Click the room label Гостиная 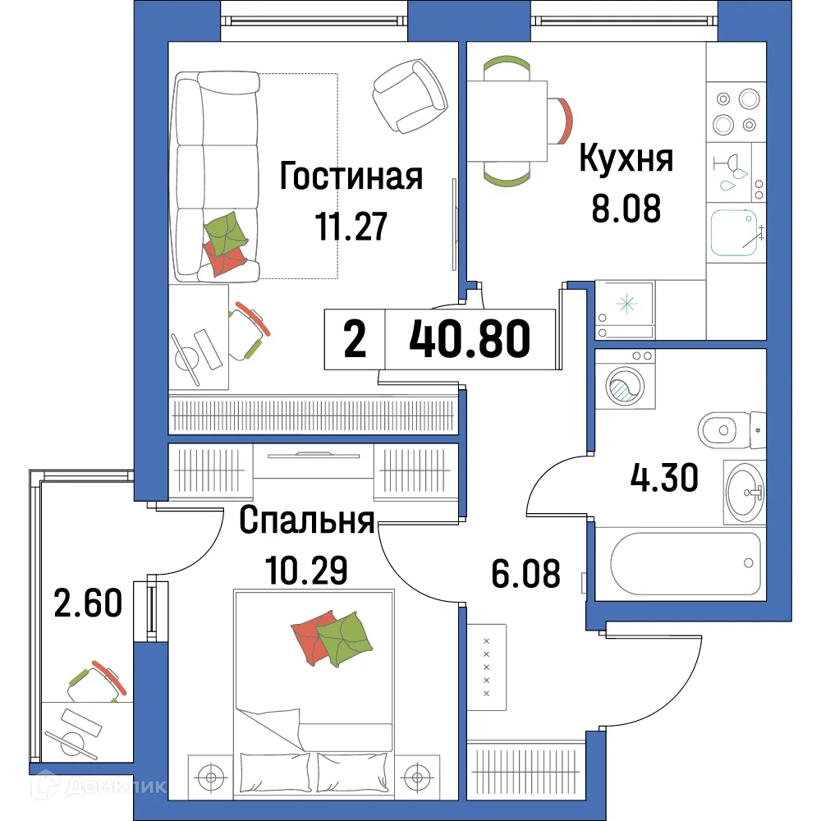point(351,176)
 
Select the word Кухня point(626,158)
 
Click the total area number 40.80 point(470,340)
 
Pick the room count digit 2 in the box point(355,340)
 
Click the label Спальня point(307,521)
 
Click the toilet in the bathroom point(732,428)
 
